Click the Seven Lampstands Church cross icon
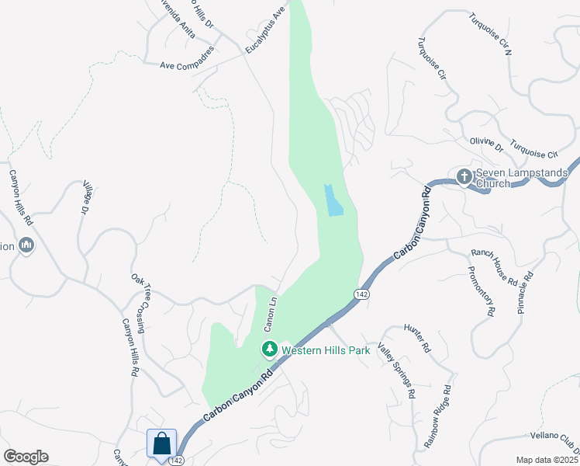click(464, 177)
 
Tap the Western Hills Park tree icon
click(269, 349)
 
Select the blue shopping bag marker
click(161, 444)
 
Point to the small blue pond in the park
click(333, 200)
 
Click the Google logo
click(26, 457)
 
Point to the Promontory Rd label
click(481, 291)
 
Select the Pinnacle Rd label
click(526, 292)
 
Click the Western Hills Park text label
click(325, 350)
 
